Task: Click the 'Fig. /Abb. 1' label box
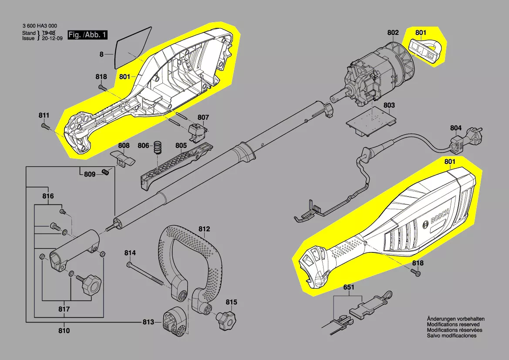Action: (87, 35)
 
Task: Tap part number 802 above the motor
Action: (393, 32)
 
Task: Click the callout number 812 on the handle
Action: (204, 229)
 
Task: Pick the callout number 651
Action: (349, 288)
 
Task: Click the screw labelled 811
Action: (45, 126)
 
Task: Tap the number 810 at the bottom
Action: (64, 331)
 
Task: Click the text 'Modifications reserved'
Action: (453, 325)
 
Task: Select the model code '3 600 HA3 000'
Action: (40, 26)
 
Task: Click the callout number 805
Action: (181, 145)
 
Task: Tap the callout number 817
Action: (64, 310)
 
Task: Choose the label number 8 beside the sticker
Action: (101, 54)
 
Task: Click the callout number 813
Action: (148, 322)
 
